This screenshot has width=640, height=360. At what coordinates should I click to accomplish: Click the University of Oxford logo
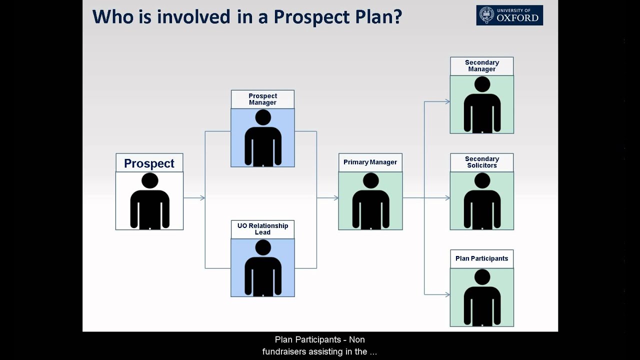pyautogui.click(x=509, y=15)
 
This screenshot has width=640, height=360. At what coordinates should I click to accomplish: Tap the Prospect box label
pyautogui.click(x=149, y=163)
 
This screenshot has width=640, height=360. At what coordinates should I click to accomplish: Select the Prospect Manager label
pyautogui.click(x=262, y=99)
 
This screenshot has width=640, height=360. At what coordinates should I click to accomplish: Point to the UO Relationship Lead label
pyautogui.click(x=262, y=229)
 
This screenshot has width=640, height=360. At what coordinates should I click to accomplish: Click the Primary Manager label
pyautogui.click(x=370, y=162)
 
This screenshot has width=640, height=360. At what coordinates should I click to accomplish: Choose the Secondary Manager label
pyautogui.click(x=481, y=66)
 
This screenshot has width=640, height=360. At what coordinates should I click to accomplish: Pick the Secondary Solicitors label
pyautogui.click(x=481, y=162)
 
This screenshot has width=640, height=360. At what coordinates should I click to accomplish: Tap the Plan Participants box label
pyautogui.click(x=481, y=258)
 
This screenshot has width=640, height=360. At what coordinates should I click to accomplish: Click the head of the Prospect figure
pyautogui.click(x=149, y=180)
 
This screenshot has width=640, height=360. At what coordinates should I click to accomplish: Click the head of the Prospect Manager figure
pyautogui.click(x=262, y=117)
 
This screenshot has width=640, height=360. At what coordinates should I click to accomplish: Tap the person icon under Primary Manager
pyautogui.click(x=370, y=202)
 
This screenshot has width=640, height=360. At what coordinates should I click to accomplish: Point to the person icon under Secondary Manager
pyautogui.click(x=482, y=105)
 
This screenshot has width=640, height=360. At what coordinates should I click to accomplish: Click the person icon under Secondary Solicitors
pyautogui.click(x=482, y=202)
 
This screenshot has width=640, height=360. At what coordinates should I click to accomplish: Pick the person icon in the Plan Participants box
pyautogui.click(x=482, y=298)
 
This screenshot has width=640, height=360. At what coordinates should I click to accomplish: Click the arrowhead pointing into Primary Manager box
pyautogui.click(x=335, y=198)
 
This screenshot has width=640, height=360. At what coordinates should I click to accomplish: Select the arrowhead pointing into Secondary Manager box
pyautogui.click(x=447, y=101)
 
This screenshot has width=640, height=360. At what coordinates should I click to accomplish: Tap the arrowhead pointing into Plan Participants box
pyautogui.click(x=447, y=294)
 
